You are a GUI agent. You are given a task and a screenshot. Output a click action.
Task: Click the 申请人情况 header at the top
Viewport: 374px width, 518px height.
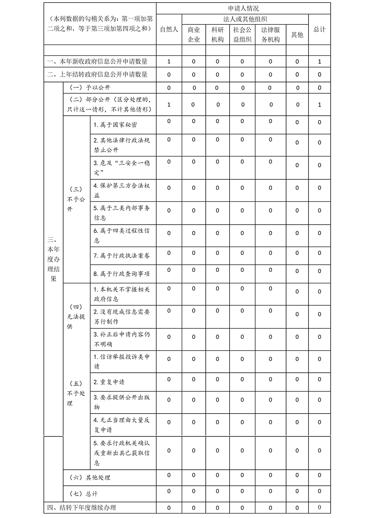pyautogui.click(x=243, y=8)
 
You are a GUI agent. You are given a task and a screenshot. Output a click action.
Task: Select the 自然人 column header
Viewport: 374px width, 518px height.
pyautogui.click(x=169, y=29)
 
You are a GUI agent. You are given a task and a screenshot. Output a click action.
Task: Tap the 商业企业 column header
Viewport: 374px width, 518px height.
pyautogui.click(x=194, y=34)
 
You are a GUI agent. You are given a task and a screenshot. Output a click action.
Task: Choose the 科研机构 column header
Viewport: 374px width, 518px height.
pyautogui.click(x=217, y=34)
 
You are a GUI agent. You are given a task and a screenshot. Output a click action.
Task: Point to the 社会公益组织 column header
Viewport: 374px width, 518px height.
pyautogui.click(x=242, y=34)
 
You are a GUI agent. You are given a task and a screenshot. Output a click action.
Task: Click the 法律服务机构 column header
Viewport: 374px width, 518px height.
pyautogui.click(x=270, y=34)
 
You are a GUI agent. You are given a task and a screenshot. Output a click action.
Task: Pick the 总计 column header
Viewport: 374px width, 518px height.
pyautogui.click(x=319, y=29)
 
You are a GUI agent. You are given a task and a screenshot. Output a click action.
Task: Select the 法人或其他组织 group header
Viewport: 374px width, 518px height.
pyautogui.click(x=245, y=19)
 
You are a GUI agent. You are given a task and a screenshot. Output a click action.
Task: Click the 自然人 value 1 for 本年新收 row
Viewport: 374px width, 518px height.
pyautogui.click(x=169, y=61)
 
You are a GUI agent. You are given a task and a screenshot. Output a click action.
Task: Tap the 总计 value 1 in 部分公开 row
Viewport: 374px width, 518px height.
pyautogui.click(x=319, y=105)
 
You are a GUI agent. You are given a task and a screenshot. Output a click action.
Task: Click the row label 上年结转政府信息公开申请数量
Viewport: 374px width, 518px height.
pyautogui.click(x=98, y=74)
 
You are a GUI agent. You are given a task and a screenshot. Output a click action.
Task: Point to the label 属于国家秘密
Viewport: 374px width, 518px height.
pyautogui.click(x=115, y=125)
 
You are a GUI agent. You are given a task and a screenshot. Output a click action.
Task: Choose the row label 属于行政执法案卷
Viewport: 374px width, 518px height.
pyautogui.click(x=122, y=256)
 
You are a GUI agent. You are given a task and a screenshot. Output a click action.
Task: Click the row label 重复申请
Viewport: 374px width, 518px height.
pyautogui.click(x=109, y=382)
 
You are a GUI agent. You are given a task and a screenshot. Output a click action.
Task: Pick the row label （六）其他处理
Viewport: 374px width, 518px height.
pyautogui.click(x=90, y=478)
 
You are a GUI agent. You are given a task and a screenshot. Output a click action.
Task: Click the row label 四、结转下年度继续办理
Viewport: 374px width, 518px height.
pyautogui.click(x=82, y=508)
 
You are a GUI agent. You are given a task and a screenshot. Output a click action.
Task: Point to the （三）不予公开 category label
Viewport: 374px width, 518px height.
pyautogui.click(x=76, y=199)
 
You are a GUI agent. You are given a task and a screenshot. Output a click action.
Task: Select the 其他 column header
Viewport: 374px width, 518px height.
pyautogui.click(x=297, y=34)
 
